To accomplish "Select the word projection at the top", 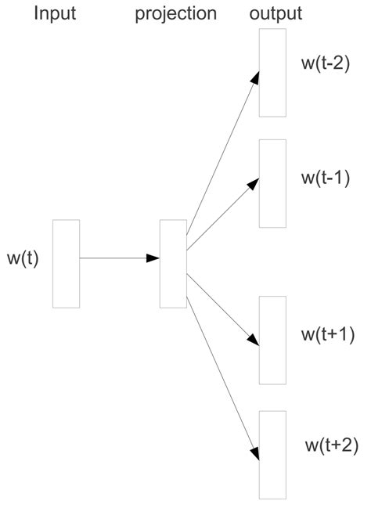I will (175, 14).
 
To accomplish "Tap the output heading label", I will (275, 13).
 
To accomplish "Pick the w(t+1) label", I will (328, 335).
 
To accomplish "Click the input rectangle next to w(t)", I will (67, 264).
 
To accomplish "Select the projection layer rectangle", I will (173, 264).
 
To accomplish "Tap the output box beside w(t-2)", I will (272, 72).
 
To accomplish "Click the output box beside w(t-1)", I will (272, 183).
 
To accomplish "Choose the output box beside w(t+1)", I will (272, 340).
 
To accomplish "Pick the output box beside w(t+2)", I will (272, 454).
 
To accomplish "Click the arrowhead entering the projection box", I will (153, 258).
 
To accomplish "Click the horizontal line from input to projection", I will (113, 258).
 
